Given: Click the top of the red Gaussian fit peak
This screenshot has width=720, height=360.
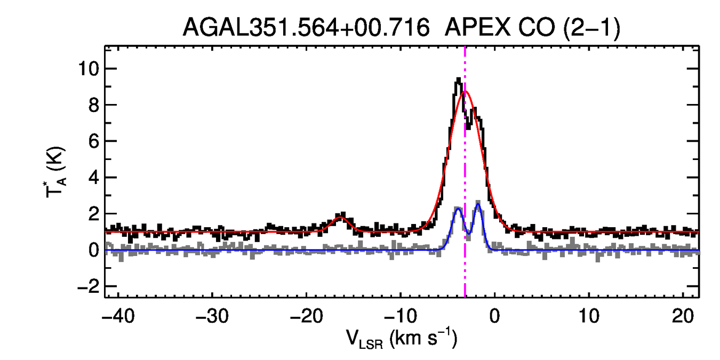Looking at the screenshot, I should click(466, 91).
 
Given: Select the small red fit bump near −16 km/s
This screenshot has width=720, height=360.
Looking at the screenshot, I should click(340, 217).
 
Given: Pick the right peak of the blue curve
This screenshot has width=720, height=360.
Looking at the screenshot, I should click(478, 203).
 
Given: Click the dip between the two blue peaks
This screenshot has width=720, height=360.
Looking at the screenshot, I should click(468, 233).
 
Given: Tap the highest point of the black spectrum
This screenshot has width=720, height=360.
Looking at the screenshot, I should click(458, 79).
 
